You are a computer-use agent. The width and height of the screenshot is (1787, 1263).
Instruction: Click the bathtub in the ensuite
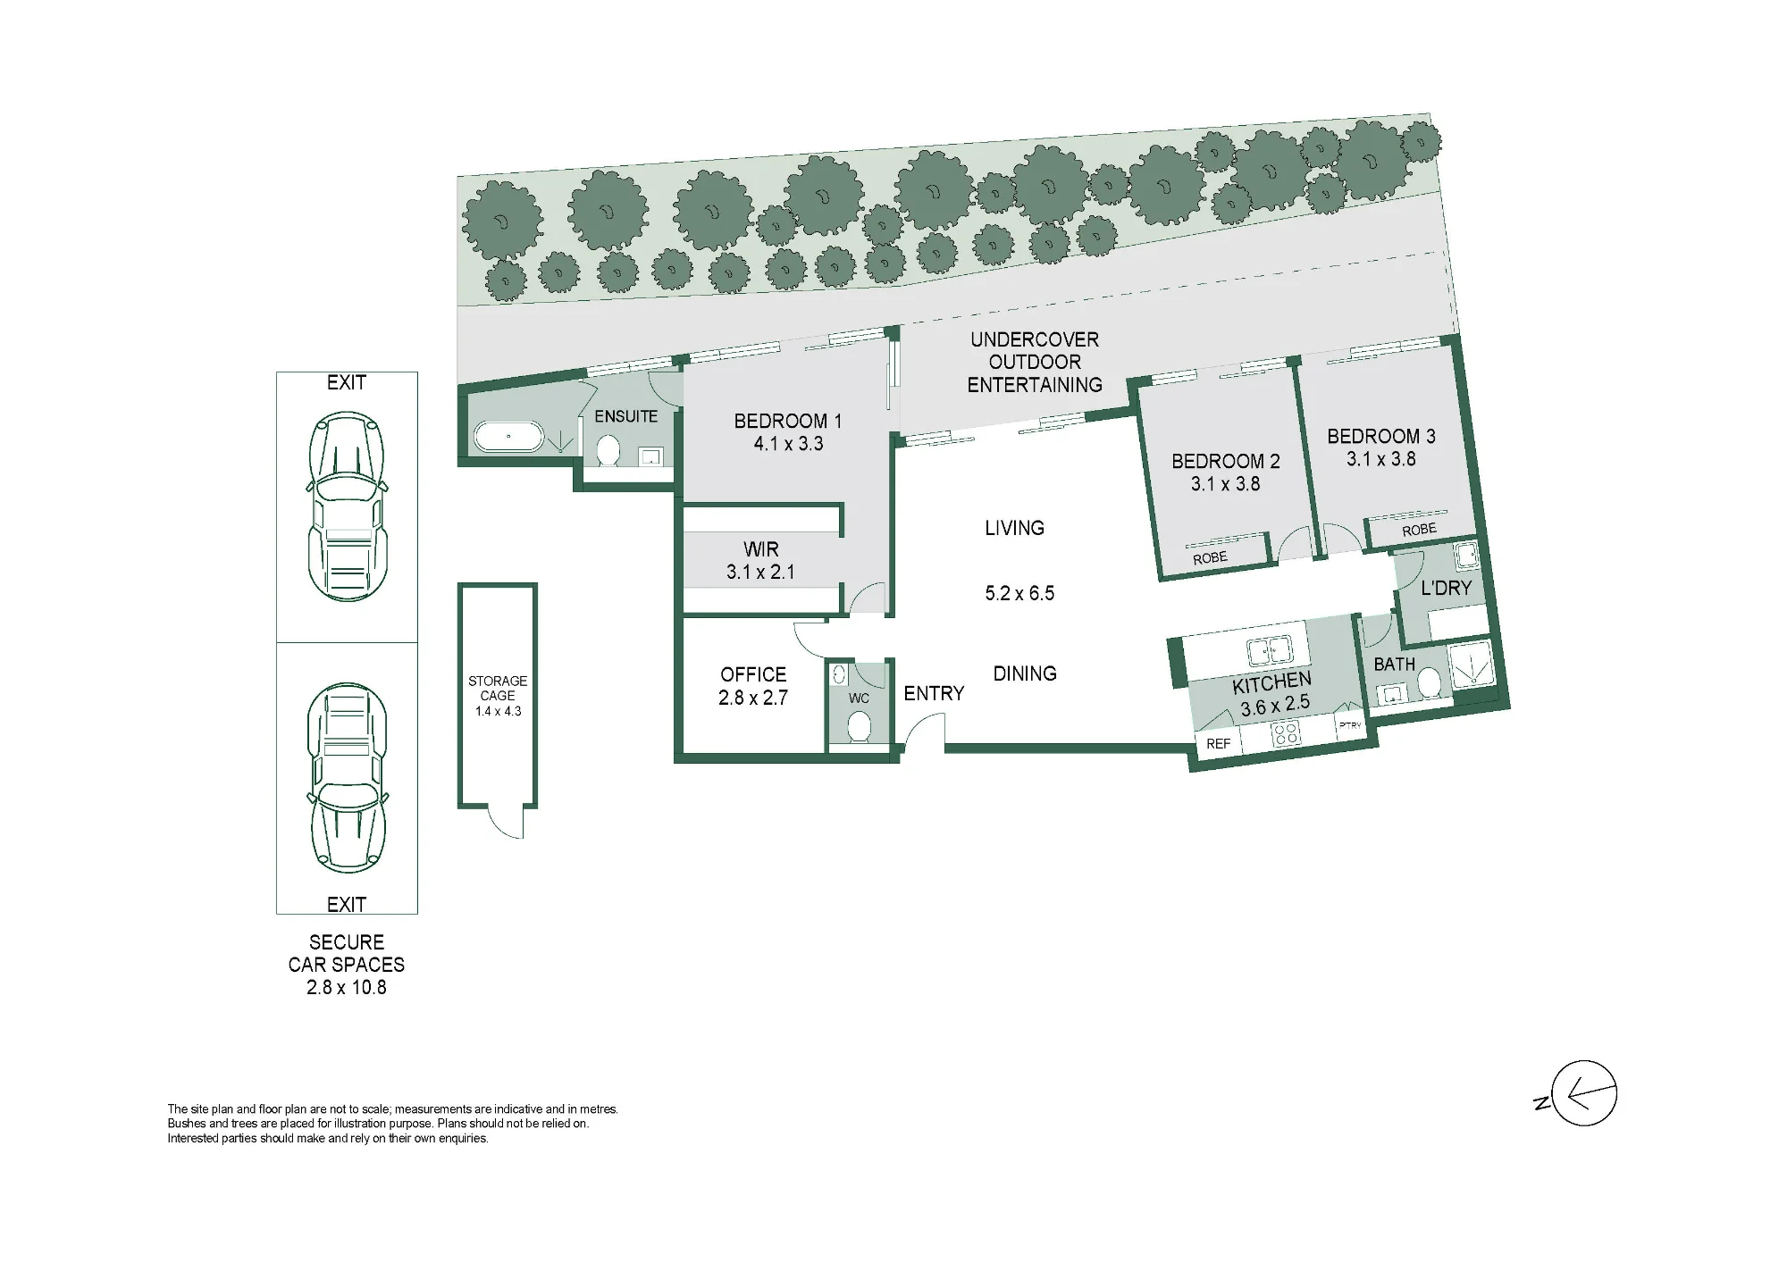tap(508, 437)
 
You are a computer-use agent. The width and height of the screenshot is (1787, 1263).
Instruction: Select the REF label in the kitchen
tap(1219, 744)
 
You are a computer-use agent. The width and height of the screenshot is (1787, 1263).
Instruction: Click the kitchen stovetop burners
tap(1287, 734)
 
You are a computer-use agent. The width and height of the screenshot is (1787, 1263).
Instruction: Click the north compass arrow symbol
tap(1584, 1093)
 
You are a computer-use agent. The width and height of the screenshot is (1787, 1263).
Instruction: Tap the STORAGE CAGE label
tap(498, 688)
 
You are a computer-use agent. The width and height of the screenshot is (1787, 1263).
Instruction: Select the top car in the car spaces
tap(347, 506)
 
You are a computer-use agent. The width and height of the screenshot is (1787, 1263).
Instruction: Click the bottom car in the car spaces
tap(347, 778)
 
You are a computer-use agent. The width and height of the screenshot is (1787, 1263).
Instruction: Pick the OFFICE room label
tap(753, 674)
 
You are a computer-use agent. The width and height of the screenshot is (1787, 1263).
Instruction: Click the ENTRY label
tap(934, 693)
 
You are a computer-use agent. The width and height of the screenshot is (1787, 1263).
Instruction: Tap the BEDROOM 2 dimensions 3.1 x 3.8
tap(1225, 484)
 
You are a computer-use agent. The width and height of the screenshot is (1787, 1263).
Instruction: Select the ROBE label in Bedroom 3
tap(1419, 530)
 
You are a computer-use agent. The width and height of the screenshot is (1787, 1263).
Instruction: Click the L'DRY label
tap(1446, 588)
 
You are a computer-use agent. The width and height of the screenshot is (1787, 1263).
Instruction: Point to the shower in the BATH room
tap(1470, 665)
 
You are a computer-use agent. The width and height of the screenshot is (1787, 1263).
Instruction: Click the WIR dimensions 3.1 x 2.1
tap(760, 572)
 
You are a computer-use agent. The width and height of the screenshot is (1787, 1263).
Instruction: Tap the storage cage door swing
tap(506, 823)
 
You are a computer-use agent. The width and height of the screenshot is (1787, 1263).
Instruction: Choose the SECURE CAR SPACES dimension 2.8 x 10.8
tap(347, 987)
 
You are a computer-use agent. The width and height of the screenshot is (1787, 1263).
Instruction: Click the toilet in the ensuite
tap(608, 450)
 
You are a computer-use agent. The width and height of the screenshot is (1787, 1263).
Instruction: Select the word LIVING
tap(1014, 528)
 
